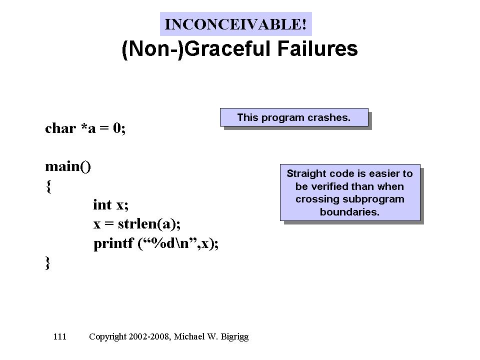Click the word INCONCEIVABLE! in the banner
point(235,24)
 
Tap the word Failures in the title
point(317,48)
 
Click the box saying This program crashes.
point(294,117)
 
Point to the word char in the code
point(60,128)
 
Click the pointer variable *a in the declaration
point(88,128)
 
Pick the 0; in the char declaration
point(119,128)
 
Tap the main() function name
point(68,167)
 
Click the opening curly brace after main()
point(48,186)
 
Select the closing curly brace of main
point(48,263)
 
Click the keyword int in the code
point(102,204)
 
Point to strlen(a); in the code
point(149,224)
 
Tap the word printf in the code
point(113,243)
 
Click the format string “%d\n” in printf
point(167,243)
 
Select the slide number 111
point(59,336)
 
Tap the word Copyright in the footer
point(108,336)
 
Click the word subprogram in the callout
point(373,199)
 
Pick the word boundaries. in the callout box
point(349,212)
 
